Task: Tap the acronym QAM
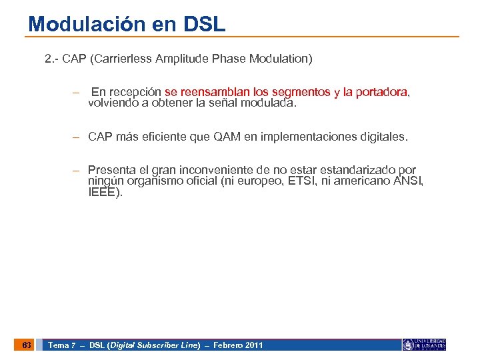tap(227, 137)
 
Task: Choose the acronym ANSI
tap(407, 181)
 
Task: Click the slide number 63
tap(26, 345)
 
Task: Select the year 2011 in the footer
tap(253, 345)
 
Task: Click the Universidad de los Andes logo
tap(424, 345)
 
